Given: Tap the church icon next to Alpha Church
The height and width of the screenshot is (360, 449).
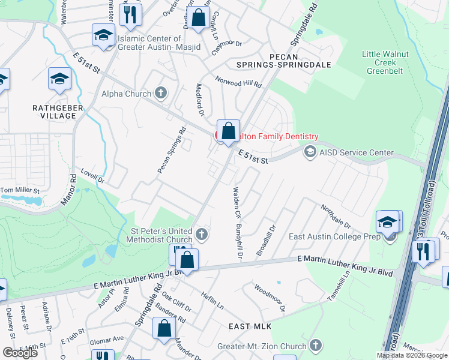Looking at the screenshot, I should coord(160,93).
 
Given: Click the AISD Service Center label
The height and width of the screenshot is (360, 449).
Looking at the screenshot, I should coord(356,152).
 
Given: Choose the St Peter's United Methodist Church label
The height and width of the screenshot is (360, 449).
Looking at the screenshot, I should coord(161,235).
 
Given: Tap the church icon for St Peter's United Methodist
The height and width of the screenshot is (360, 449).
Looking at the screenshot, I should coord(202,234).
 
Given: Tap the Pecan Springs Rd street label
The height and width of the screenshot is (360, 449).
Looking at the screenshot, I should coord(172,151).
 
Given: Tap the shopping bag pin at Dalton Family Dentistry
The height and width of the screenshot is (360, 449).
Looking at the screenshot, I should coord(228,131).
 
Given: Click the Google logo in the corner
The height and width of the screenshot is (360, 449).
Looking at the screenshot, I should coord(20,352).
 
